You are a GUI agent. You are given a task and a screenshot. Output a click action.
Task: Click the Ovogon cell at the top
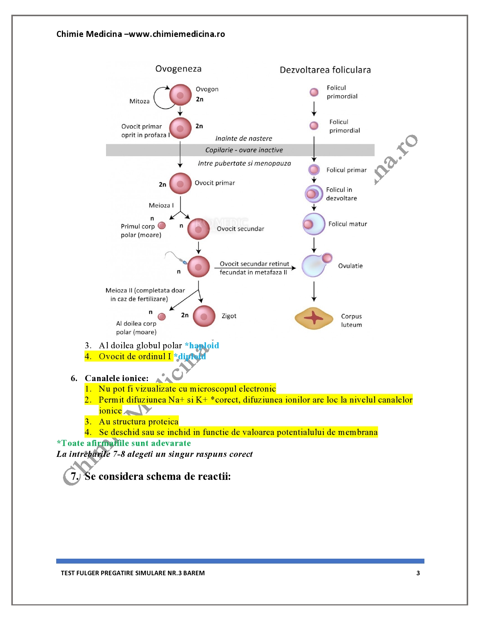coord(180,95)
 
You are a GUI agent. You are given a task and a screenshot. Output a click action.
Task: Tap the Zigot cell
coord(204,316)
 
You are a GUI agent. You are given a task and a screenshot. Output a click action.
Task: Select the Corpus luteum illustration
coord(314,318)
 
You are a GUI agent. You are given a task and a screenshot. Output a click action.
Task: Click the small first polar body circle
coord(162,225)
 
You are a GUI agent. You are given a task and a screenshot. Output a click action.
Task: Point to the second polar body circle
coord(162,317)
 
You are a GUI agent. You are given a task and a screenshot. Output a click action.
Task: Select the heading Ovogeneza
coord(178,69)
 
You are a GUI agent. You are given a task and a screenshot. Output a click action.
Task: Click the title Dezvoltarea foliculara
coord(325,70)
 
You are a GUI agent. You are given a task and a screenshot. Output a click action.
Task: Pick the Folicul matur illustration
coord(314,224)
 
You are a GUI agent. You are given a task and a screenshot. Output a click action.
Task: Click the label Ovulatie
coord(350,266)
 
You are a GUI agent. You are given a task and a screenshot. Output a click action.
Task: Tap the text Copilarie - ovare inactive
coord(244,150)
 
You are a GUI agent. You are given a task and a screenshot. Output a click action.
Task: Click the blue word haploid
coord(204,345)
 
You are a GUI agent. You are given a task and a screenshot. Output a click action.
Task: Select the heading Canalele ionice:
coord(117,378)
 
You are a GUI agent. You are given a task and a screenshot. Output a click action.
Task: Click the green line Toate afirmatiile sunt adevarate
coord(124,443)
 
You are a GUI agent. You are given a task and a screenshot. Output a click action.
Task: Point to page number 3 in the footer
coord(418,573)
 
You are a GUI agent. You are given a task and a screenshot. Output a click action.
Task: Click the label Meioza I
coord(161,205)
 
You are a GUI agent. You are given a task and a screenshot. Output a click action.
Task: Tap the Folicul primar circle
coord(314,170)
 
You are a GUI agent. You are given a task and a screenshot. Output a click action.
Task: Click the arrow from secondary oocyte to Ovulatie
coord(255,268)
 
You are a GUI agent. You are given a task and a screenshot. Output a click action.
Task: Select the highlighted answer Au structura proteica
coord(139,421)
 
